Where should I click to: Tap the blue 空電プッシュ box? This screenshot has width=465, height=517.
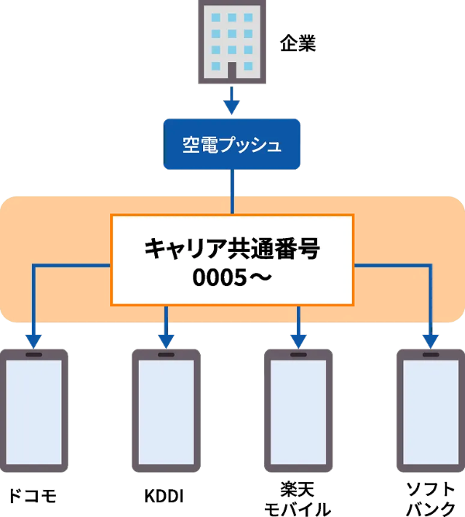pos(231,144)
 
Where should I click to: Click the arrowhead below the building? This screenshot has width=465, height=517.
pos(231,105)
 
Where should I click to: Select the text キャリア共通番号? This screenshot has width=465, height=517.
pos(232,250)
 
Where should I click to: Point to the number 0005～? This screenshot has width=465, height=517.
pos(232,277)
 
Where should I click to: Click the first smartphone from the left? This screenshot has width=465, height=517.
pos(34,410)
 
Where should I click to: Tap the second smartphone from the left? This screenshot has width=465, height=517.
pos(166,410)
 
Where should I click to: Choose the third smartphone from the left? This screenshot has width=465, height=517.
pos(298,410)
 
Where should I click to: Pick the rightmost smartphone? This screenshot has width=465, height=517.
pos(431,410)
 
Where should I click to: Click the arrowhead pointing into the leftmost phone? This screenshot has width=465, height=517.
pos(34,340)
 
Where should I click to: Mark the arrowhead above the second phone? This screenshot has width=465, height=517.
pos(166,340)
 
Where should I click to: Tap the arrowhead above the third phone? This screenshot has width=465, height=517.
pos(298,340)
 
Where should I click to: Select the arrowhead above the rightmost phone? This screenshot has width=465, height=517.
pos(431,340)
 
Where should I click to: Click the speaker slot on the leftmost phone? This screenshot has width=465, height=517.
pos(34,355)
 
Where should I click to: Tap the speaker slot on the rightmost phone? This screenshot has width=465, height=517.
pos(431,355)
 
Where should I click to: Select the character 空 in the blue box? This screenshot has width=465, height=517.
pos(191,145)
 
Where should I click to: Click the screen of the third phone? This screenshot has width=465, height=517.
pos(298,411)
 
